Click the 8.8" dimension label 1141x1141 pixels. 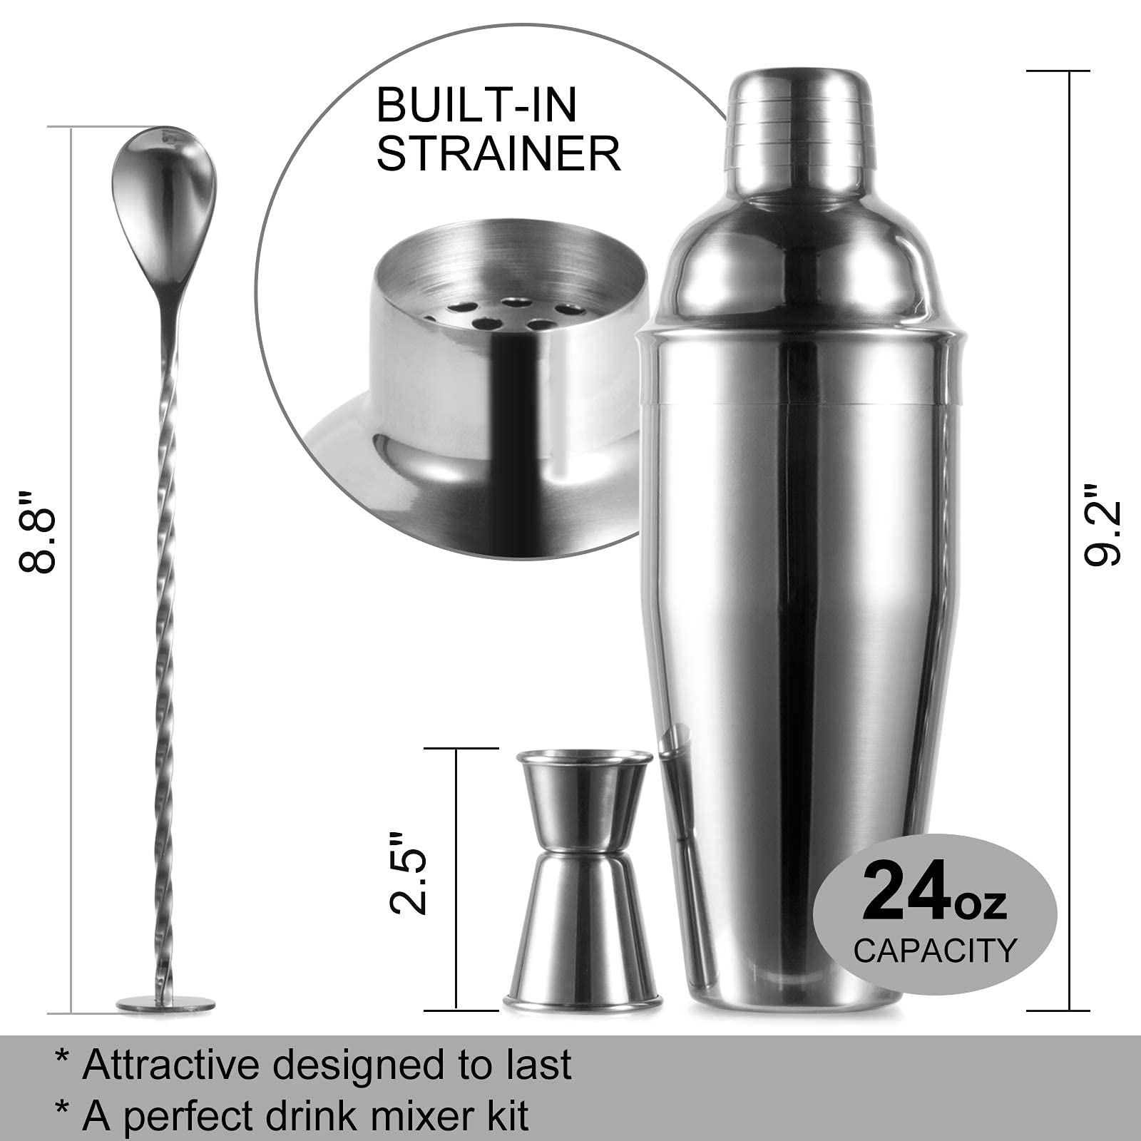coord(37,531)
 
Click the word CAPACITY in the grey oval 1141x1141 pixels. coord(935,951)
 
